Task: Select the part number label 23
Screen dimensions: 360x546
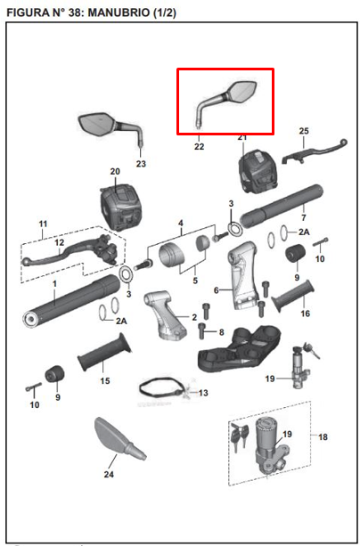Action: coord(141,164)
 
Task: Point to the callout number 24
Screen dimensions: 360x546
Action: coord(109,474)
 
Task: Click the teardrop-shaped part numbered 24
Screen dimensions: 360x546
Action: coord(119,438)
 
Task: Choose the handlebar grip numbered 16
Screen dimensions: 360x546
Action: coord(293,297)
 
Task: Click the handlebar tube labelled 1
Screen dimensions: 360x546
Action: coord(71,300)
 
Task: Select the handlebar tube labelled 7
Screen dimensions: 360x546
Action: coord(281,206)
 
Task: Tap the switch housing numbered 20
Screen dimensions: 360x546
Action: coord(120,208)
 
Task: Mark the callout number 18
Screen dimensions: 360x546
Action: coord(323,436)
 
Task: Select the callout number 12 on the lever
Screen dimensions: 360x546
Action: coord(60,242)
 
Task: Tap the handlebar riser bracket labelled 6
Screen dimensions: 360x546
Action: coord(244,275)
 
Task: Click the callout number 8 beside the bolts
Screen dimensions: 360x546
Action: coord(221,332)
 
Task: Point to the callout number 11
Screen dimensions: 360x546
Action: coord(43,224)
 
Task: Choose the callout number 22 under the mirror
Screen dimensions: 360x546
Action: coord(199,147)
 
